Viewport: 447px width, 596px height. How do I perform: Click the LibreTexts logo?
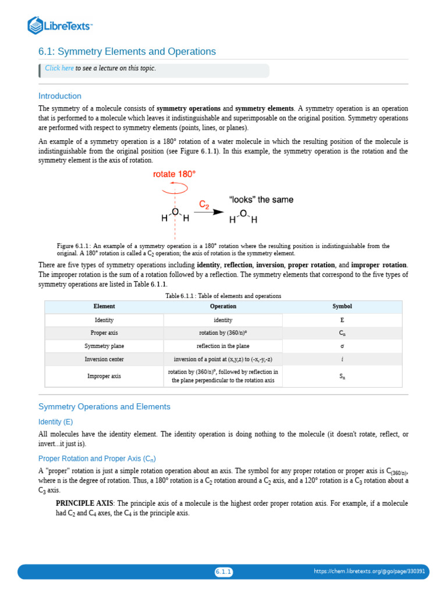pyautogui.click(x=60, y=25)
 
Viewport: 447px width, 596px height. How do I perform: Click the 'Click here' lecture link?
pyautogui.click(x=59, y=68)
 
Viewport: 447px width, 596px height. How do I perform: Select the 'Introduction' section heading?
pyautogui.click(x=60, y=96)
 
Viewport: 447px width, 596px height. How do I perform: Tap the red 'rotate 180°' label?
pyautogui.click(x=174, y=174)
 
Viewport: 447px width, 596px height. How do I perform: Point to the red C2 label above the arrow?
pyautogui.click(x=204, y=205)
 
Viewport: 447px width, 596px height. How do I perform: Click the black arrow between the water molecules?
pyautogui.click(x=209, y=212)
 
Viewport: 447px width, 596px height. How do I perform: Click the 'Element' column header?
pyautogui.click(x=104, y=306)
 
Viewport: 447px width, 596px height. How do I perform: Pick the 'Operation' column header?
pyautogui.click(x=223, y=306)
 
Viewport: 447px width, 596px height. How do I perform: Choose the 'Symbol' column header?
pyautogui.click(x=342, y=306)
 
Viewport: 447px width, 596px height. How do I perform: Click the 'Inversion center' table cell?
pyautogui.click(x=104, y=359)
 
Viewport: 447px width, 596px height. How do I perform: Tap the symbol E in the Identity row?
pyautogui.click(x=342, y=320)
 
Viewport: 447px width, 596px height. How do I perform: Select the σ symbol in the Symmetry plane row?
pyautogui.click(x=342, y=346)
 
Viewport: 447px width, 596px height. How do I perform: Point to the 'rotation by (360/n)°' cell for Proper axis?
pyautogui.click(x=223, y=333)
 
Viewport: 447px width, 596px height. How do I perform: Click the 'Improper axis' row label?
pyautogui.click(x=104, y=376)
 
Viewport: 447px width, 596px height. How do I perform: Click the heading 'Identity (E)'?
pyautogui.click(x=56, y=421)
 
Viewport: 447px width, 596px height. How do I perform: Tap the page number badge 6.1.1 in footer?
pyautogui.click(x=223, y=572)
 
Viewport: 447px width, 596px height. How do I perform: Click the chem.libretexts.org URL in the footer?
pyautogui.click(x=369, y=572)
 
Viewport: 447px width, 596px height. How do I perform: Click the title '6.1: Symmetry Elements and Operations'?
pyautogui.click(x=127, y=52)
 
